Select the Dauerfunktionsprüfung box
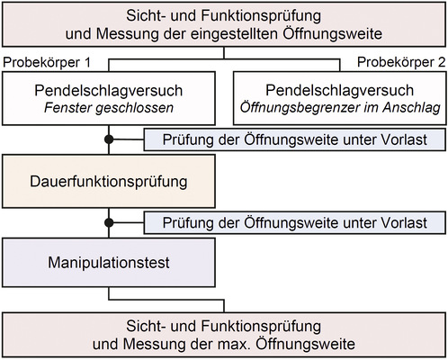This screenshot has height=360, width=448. [109, 182]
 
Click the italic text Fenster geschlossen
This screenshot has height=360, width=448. [110, 109]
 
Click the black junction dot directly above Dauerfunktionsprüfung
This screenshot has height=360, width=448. [109, 139]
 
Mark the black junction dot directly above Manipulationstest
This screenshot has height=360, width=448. [109, 222]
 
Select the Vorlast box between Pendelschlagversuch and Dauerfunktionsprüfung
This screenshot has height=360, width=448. [293, 139]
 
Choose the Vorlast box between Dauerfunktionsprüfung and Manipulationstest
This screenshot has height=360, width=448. [293, 222]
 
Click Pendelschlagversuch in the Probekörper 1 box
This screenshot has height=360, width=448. [110, 91]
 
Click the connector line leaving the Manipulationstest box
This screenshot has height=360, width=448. [109, 298]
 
